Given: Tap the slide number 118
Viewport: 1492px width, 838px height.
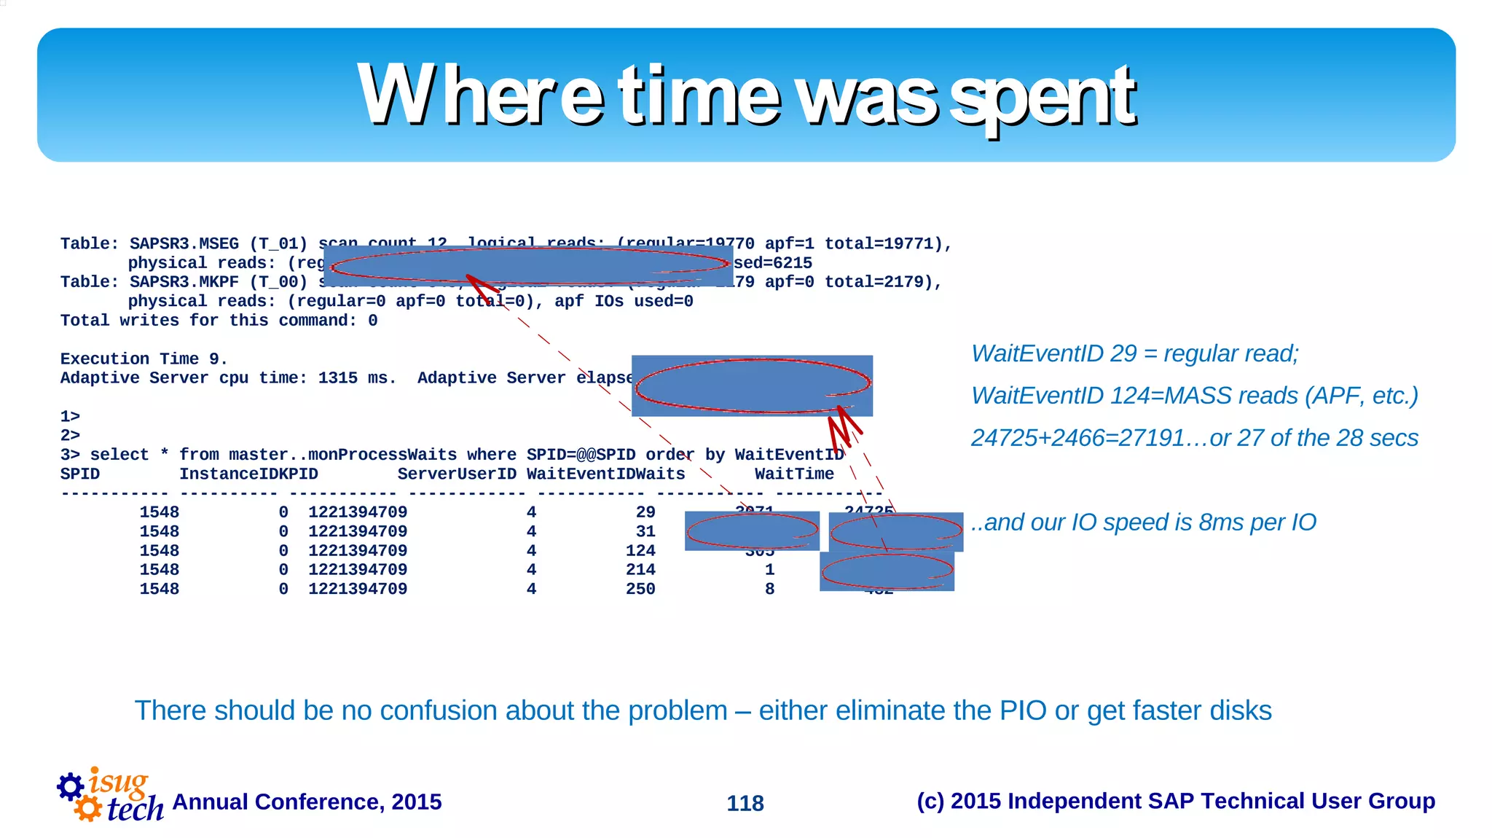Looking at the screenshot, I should pos(745,803).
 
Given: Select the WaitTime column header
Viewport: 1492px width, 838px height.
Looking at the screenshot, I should pos(794,474).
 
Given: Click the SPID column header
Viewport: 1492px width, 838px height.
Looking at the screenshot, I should pos(80,474).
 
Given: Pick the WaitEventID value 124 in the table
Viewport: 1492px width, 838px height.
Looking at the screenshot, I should pos(640,551).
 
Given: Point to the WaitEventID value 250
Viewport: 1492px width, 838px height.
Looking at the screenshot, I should pos(640,589).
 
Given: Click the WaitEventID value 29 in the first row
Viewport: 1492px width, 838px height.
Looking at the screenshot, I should pos(645,512).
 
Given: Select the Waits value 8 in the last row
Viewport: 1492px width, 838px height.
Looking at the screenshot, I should pos(769,589).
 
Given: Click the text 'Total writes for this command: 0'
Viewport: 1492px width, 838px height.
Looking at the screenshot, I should pos(219,321).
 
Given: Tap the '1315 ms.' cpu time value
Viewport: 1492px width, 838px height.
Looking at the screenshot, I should pos(357,378).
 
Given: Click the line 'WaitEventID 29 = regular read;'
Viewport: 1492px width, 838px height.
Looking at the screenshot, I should pos(1134,353).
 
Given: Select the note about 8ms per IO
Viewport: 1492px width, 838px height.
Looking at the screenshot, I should pos(1144,522).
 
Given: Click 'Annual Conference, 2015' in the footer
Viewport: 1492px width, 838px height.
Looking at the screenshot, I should pos(307,802).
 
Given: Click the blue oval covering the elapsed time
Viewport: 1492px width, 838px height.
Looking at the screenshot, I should pos(752,385).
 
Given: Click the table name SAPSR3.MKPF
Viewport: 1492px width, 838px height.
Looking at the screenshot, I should pos(184,282).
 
